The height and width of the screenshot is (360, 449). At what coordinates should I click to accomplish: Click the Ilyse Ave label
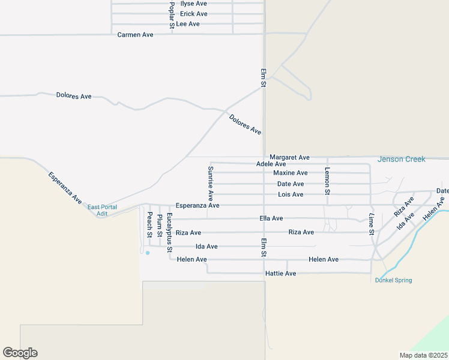193,4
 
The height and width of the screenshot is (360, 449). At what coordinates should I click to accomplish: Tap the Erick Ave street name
193,14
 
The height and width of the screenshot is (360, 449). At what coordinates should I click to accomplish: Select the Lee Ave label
188,24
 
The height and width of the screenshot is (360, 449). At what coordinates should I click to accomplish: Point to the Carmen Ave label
135,35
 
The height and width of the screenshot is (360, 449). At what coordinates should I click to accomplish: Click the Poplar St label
172,16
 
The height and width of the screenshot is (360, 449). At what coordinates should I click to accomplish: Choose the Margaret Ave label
289,157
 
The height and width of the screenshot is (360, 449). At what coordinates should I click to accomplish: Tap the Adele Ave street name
271,164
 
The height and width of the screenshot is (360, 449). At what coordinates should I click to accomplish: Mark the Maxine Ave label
290,173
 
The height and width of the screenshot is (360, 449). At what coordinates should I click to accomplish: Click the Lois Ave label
291,194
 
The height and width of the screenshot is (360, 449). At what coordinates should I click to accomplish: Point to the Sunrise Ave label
211,184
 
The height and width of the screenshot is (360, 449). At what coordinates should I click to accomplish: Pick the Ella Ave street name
271,218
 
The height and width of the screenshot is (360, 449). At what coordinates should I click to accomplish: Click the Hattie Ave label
280,274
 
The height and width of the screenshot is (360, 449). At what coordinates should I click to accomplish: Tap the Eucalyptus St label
170,232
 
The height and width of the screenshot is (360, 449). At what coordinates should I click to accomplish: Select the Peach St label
149,223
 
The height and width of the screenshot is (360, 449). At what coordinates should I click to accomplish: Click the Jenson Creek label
401,159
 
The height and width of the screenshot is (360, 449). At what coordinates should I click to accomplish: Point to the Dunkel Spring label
393,280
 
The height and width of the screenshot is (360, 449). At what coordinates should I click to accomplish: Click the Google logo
20,353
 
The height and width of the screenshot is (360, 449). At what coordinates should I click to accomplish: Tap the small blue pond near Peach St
148,253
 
